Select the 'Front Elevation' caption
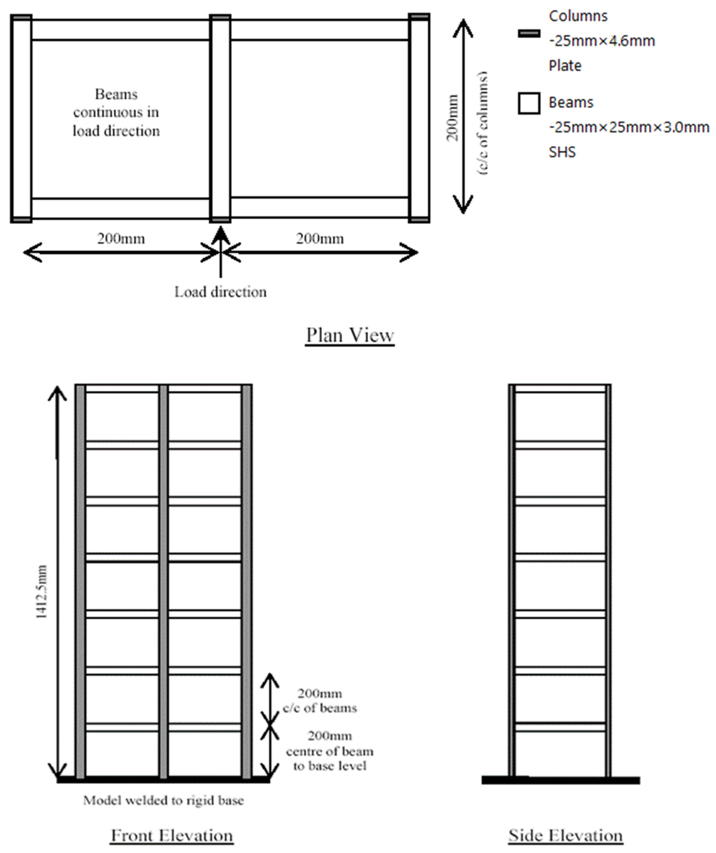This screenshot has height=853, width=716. pos(172,836)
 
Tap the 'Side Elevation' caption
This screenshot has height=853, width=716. pos(566,836)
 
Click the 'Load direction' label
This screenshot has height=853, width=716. pos(221,292)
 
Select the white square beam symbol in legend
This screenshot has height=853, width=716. pos(529,103)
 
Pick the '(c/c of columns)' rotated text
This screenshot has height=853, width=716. pos(482,123)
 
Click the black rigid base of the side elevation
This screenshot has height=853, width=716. pos(561,780)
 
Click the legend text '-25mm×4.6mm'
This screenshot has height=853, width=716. pos(602,41)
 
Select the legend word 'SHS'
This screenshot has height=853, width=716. pos(562,152)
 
